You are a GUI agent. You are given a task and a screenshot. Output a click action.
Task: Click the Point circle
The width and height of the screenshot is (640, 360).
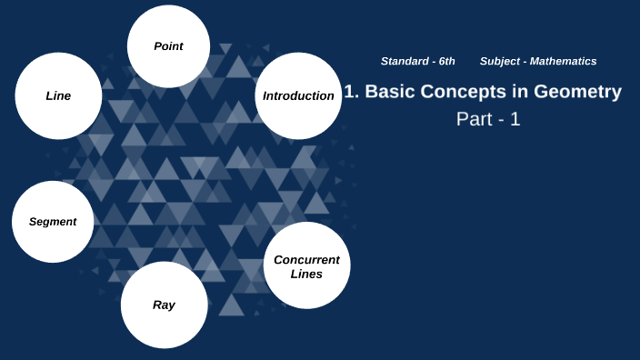coord(168,45)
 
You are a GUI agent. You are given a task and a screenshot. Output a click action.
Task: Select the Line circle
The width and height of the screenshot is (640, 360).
coord(58,95)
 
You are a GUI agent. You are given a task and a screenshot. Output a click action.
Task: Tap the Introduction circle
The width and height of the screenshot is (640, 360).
coord(298,95)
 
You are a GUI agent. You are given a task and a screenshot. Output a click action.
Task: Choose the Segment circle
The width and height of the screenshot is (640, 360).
coord(52,222)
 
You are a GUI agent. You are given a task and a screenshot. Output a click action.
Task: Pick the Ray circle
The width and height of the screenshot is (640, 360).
coord(164,305)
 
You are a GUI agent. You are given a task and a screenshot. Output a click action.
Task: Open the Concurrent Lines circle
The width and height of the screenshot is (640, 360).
coord(306,265)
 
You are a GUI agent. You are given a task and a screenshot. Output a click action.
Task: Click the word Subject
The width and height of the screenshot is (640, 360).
coord(500,61)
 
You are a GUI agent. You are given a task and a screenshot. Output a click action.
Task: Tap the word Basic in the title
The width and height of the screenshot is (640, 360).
coord(388,92)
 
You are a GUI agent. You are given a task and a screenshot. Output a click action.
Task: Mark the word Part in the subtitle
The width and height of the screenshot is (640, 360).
coord(473,119)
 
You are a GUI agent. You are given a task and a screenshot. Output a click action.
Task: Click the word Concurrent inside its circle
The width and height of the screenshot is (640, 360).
coord(306,259)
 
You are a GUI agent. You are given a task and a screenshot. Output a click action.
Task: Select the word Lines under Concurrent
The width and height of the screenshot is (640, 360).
coord(306,274)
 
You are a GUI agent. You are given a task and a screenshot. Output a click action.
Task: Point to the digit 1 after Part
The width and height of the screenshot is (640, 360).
coord(515,119)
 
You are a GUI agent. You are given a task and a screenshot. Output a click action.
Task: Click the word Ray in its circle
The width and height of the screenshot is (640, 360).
coord(164,305)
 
